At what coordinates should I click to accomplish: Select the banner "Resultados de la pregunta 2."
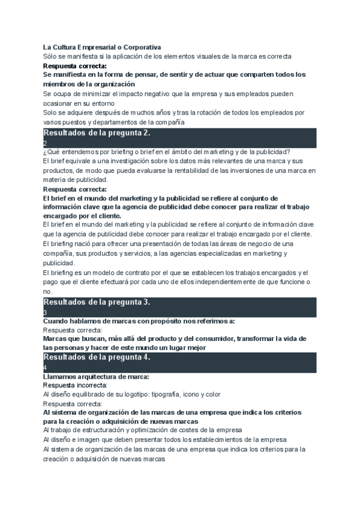pos(97,133)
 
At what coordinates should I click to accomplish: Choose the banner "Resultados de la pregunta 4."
pos(97,357)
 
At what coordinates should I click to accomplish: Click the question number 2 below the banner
pos(45,143)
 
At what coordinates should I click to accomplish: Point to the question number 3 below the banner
pos(45,312)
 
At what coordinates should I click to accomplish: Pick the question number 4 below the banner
pos(45,367)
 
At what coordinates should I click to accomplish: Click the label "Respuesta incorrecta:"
pos(76,385)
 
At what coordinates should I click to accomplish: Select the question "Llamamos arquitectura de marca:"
pos(96,376)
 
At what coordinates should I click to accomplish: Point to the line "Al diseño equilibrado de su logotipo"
pos(132,394)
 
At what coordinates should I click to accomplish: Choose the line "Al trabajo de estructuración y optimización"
pos(143,430)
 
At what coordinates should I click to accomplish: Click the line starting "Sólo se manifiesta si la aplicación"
pos(167,56)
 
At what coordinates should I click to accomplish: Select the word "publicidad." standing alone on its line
pos(59,263)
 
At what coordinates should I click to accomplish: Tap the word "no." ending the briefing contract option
pos(48,291)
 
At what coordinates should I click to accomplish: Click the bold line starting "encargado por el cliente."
pos(82,215)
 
